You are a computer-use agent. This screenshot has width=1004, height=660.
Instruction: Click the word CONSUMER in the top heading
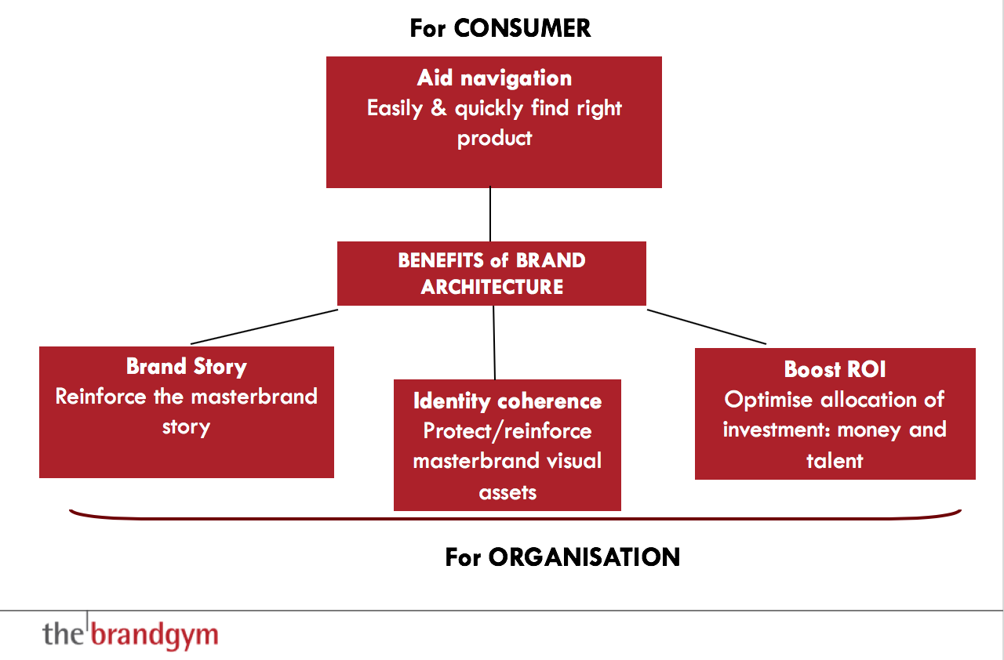click(522, 28)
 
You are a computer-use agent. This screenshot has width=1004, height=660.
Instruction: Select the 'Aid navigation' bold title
click(494, 78)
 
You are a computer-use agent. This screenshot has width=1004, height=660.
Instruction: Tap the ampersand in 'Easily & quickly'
click(438, 107)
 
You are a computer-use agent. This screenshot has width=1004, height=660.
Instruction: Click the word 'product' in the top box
click(495, 139)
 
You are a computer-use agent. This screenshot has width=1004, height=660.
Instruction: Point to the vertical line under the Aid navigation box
click(490, 214)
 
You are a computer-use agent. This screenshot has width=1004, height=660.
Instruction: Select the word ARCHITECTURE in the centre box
click(492, 287)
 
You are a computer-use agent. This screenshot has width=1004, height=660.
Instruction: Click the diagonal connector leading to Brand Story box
click(264, 326)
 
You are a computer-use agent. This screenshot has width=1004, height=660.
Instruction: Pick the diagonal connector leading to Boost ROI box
click(707, 327)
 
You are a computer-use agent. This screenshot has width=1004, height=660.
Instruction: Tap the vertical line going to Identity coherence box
click(494, 343)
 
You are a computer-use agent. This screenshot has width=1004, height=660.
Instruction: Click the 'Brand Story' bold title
click(187, 367)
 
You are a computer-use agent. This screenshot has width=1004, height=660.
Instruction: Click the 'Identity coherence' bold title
click(507, 401)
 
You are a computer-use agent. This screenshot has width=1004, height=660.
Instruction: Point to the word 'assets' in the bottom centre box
click(507, 493)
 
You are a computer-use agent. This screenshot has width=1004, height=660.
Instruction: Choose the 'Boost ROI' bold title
click(835, 369)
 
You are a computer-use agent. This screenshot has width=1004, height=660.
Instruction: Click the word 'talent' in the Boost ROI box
click(835, 461)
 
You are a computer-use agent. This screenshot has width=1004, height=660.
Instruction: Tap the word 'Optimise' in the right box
click(768, 400)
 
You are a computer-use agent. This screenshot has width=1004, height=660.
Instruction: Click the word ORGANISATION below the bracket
click(584, 557)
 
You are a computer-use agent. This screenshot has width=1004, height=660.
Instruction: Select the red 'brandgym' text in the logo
click(155, 635)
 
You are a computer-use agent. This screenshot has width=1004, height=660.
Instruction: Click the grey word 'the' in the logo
click(63, 633)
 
